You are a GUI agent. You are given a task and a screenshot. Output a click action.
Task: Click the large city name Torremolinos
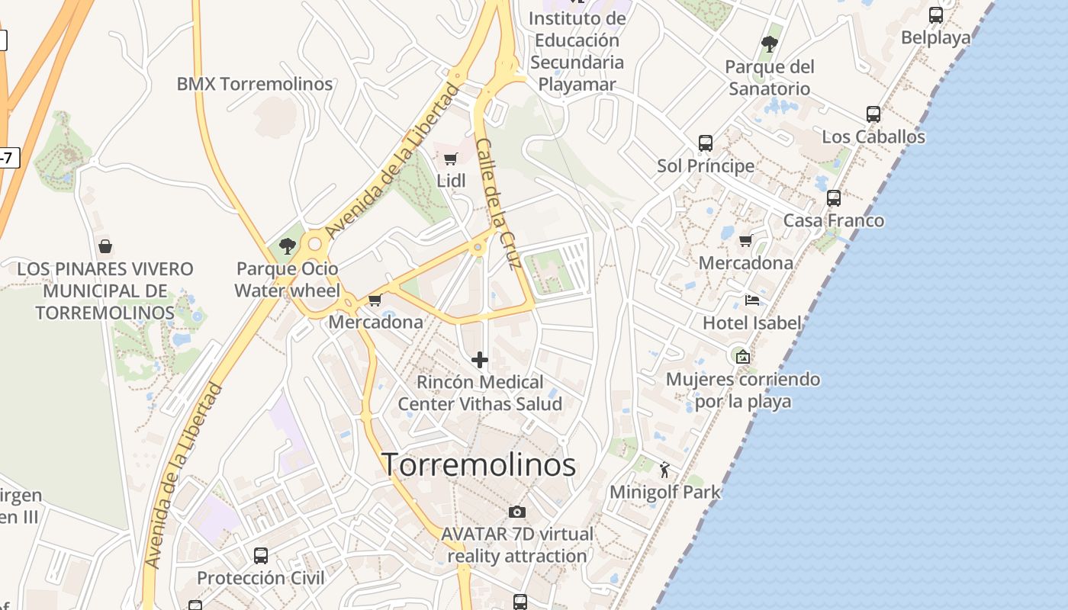[x=478, y=464]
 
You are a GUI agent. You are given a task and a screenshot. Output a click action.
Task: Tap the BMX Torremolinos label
[x=255, y=84]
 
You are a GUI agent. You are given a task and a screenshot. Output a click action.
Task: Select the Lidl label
[x=451, y=181]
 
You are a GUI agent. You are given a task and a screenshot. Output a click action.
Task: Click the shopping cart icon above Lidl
[x=451, y=159]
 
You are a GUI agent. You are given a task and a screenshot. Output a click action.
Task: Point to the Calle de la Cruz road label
[x=497, y=204]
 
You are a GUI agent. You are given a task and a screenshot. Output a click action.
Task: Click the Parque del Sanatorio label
[x=769, y=78]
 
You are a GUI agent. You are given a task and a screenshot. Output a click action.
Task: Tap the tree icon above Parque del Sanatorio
[x=769, y=43]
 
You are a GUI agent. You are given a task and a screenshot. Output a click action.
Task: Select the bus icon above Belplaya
[x=935, y=14]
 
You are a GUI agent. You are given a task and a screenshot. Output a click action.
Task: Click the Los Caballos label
[x=873, y=137]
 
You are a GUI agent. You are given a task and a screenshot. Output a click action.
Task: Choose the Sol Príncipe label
[x=706, y=165]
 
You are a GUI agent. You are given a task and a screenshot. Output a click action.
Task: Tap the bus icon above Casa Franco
[x=834, y=198]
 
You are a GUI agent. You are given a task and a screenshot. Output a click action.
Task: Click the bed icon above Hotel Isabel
[x=752, y=300]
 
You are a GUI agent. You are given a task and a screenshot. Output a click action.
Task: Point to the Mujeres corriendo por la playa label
[x=743, y=390]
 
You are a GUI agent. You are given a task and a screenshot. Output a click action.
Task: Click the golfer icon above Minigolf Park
[x=664, y=469]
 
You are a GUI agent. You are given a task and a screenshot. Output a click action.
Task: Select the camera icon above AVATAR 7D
[x=517, y=512]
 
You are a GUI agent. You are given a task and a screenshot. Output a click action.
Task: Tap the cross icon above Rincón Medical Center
[x=480, y=360]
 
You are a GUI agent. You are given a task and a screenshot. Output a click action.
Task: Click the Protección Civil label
[x=261, y=578]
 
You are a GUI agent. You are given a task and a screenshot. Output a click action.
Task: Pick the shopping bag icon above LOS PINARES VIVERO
[x=105, y=246]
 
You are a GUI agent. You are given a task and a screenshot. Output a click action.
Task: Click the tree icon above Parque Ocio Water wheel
[x=288, y=246]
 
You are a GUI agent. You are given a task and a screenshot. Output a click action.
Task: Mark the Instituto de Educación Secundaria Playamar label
[x=577, y=51]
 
